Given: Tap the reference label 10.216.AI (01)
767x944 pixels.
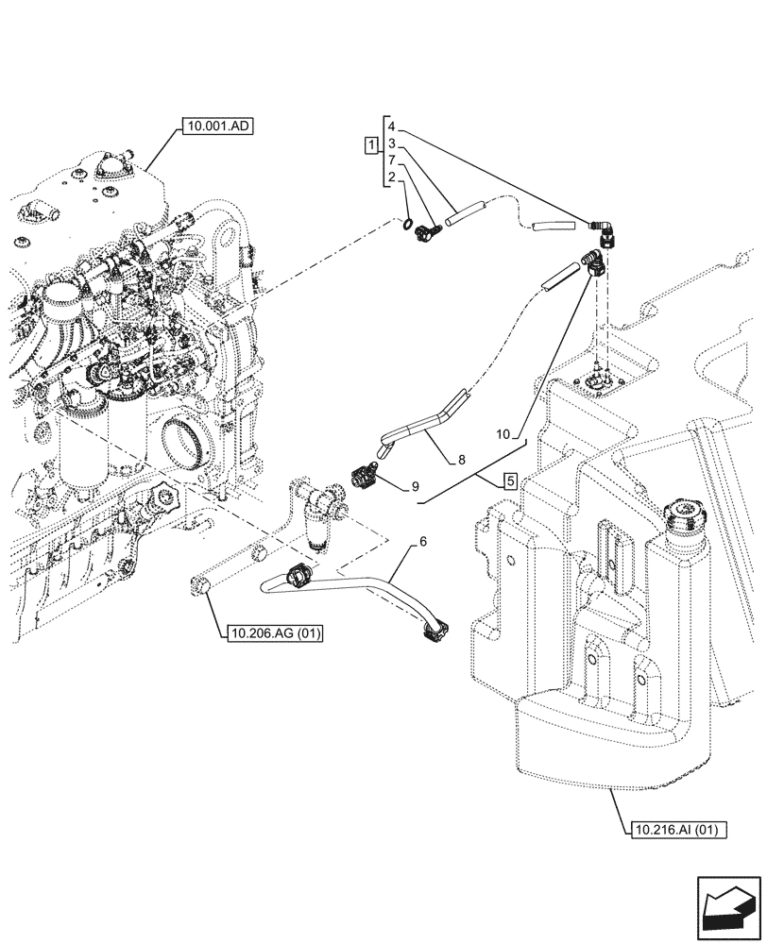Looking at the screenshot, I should pyautogui.click(x=675, y=831).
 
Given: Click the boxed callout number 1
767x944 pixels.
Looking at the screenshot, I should pyautogui.click(x=372, y=144).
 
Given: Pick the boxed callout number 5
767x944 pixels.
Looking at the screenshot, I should pyautogui.click(x=509, y=480).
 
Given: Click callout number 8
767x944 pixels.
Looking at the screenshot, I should pyautogui.click(x=461, y=460).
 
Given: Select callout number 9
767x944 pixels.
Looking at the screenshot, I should pyautogui.click(x=415, y=487).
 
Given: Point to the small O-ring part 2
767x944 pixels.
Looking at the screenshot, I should pyautogui.click(x=406, y=224).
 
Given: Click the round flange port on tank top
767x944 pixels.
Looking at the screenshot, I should pyautogui.click(x=597, y=381).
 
